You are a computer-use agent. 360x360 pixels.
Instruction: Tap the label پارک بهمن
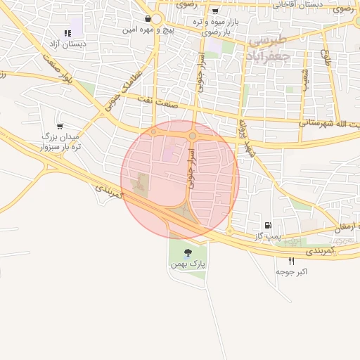(x=188, y=264)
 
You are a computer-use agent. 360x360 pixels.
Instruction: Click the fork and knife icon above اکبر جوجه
(x=291, y=260)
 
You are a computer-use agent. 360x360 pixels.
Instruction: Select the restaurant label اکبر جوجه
(x=291, y=271)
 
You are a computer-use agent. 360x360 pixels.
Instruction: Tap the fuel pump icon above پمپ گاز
(x=268, y=225)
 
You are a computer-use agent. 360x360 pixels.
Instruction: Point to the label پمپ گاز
(x=268, y=236)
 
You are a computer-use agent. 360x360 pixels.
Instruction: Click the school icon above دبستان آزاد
(x=67, y=32)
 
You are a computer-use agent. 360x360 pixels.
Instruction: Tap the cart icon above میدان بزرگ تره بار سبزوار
(x=59, y=126)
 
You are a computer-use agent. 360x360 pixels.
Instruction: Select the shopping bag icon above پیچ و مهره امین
(x=148, y=19)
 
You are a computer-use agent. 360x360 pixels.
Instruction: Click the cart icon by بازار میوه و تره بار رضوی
(x=215, y=11)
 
